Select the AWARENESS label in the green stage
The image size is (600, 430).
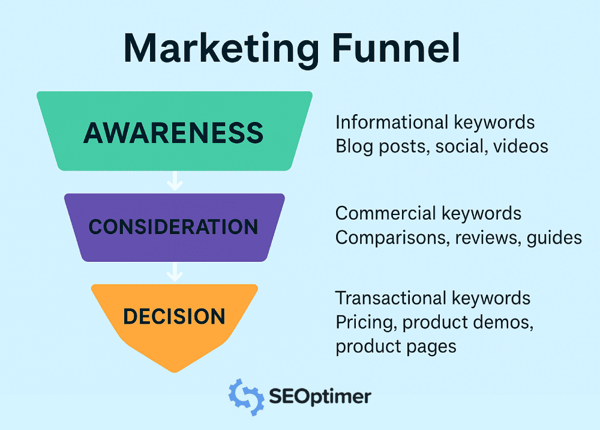[x=173, y=133]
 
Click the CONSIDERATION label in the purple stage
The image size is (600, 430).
[x=173, y=226]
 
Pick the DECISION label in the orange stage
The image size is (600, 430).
[x=174, y=316]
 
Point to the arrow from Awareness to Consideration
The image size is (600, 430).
[x=175, y=181]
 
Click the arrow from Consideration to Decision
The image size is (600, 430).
[x=175, y=272]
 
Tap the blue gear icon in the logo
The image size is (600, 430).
[x=245, y=396]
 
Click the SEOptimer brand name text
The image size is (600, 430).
[x=320, y=396]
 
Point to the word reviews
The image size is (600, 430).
[x=487, y=238]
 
